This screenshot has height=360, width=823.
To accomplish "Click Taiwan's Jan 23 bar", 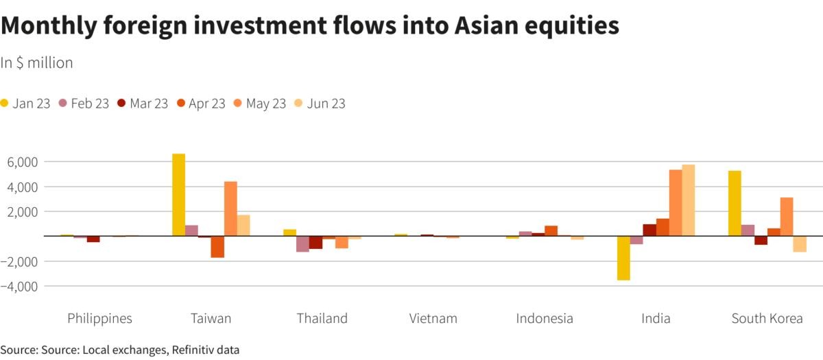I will (178, 195).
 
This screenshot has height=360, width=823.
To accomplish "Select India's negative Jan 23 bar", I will (623, 258).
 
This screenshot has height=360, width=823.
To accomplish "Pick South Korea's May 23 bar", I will (787, 217).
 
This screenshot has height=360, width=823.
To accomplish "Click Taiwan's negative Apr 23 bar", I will (217, 247).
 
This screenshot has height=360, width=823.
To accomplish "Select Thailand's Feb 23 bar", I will (302, 244).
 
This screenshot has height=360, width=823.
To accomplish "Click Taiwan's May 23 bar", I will (230, 208).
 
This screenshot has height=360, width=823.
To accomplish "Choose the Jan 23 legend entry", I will (25, 104).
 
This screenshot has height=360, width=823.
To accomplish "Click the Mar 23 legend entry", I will (142, 104).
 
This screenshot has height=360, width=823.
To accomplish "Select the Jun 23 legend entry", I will (320, 104).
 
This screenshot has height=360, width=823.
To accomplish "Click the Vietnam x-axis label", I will (433, 318).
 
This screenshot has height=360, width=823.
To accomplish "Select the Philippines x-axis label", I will (99, 318).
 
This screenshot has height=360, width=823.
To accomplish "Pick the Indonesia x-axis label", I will (545, 318).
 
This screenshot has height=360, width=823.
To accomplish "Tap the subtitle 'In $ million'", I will (36, 63).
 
